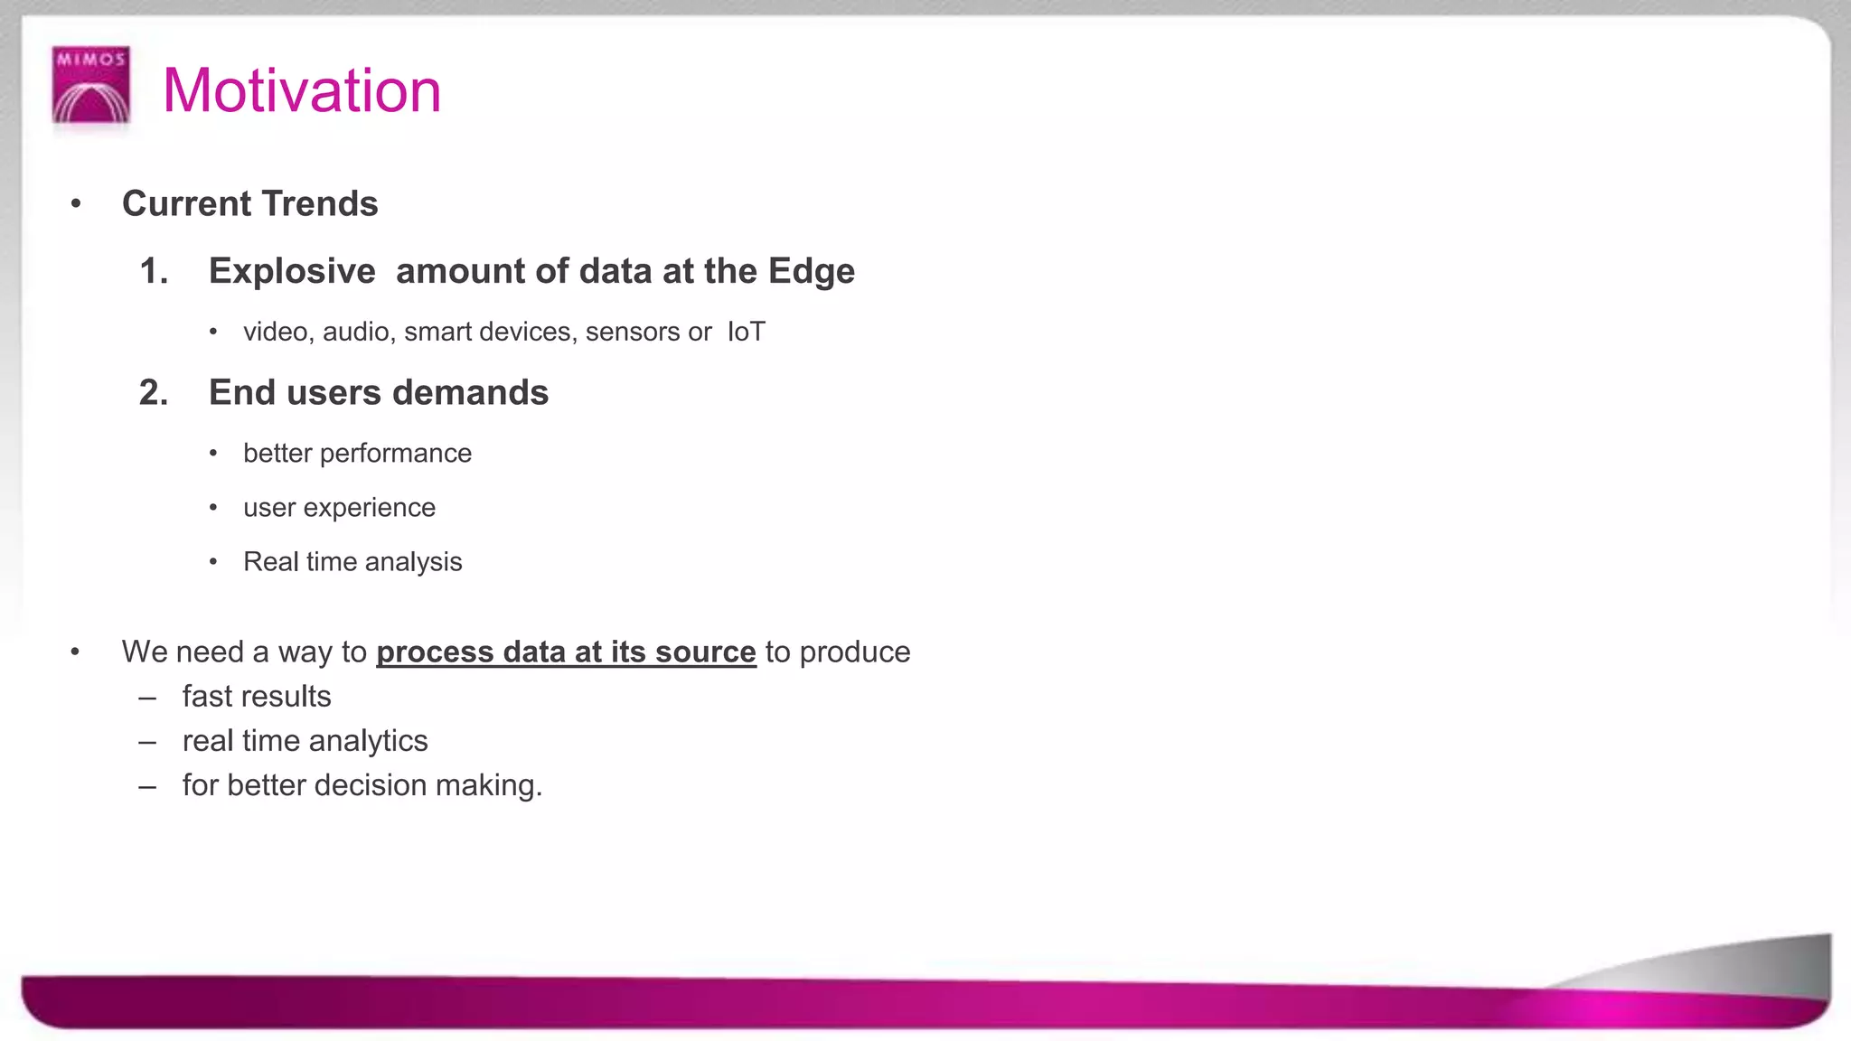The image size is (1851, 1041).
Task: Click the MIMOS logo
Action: pos(90,85)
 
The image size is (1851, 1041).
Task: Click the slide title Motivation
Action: pos(302,91)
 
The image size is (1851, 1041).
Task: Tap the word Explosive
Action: pos(292,272)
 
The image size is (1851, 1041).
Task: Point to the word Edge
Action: pos(811,272)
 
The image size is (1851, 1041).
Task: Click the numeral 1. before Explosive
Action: pos(154,272)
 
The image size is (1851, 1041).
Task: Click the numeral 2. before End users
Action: pos(154,393)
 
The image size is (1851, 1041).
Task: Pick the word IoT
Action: pos(746,333)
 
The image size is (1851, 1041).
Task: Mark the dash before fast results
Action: pos(147,698)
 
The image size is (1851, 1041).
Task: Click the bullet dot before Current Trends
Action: pos(76,204)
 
